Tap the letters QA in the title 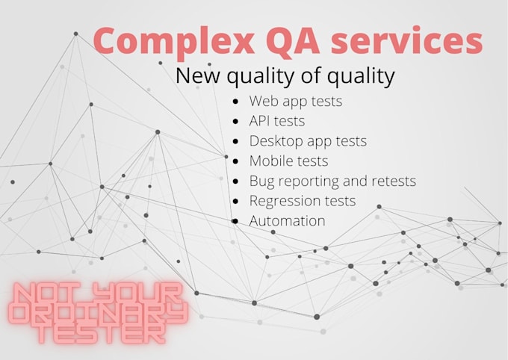(281, 41)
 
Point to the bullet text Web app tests (296, 101)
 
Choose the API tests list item (277, 120)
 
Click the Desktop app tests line (308, 140)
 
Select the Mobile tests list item (288, 161)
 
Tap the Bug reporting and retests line (332, 181)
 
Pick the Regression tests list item (303, 201)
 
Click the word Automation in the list (288, 221)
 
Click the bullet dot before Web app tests (236, 101)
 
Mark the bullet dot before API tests (236, 120)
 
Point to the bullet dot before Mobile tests (236, 161)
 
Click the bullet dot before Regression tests (236, 201)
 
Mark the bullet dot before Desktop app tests (236, 140)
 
